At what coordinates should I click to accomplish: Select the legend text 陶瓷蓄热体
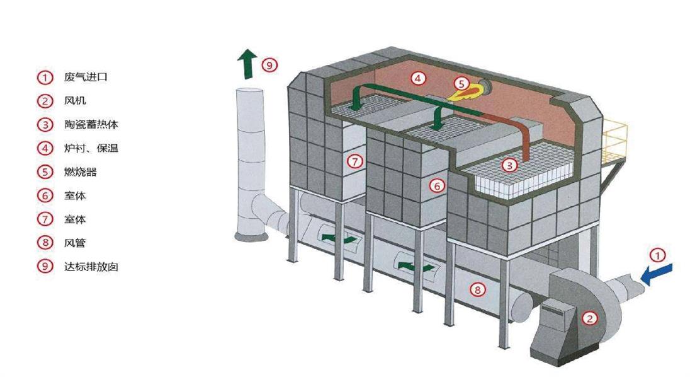click(91, 124)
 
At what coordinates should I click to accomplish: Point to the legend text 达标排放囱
click(91, 266)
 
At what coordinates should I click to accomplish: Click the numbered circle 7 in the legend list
click(45, 219)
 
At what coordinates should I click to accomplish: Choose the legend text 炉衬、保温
click(91, 148)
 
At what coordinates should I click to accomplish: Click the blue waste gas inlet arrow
click(656, 273)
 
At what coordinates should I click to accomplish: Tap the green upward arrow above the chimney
click(246, 64)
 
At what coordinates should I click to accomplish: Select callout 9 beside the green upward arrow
click(269, 64)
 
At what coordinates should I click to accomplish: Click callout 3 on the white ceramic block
click(509, 165)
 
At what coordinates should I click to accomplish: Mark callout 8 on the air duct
click(478, 290)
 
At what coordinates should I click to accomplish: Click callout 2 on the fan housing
click(589, 318)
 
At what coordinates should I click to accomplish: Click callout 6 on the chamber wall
click(438, 185)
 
